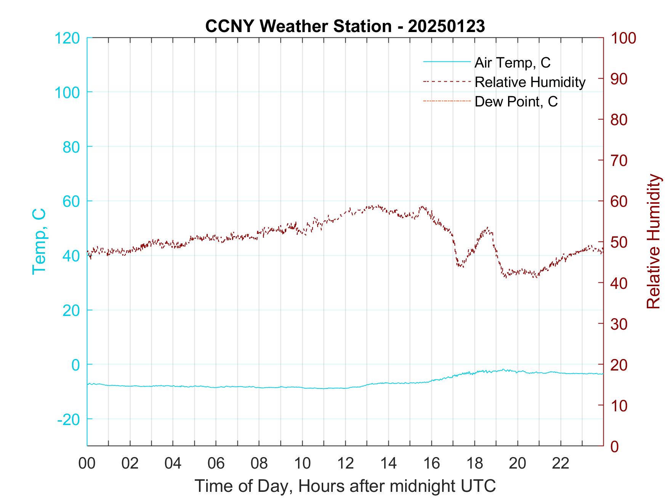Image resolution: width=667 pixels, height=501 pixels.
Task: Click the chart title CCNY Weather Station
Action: [345, 26]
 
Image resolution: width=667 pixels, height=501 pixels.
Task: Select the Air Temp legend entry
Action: [512, 63]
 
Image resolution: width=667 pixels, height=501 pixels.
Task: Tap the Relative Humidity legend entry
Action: [529, 82]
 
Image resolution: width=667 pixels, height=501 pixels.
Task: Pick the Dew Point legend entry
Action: [516, 102]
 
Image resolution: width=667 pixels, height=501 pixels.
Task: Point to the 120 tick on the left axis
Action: [67, 38]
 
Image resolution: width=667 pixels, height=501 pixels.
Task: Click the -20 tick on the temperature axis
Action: [69, 419]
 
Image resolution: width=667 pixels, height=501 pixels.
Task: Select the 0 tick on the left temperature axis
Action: [76, 365]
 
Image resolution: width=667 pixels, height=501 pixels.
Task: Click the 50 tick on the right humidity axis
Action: [619, 242]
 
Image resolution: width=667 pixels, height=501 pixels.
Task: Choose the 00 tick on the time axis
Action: [87, 464]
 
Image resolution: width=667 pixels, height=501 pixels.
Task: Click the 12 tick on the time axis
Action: [345, 464]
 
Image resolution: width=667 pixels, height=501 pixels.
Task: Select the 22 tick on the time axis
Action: [561, 464]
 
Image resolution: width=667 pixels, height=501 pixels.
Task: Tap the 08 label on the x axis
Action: [259, 464]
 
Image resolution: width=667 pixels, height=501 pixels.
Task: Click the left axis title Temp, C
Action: [39, 241]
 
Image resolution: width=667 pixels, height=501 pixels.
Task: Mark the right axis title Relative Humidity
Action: [654, 242]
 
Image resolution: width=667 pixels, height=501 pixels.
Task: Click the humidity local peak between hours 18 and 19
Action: [487, 228]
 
